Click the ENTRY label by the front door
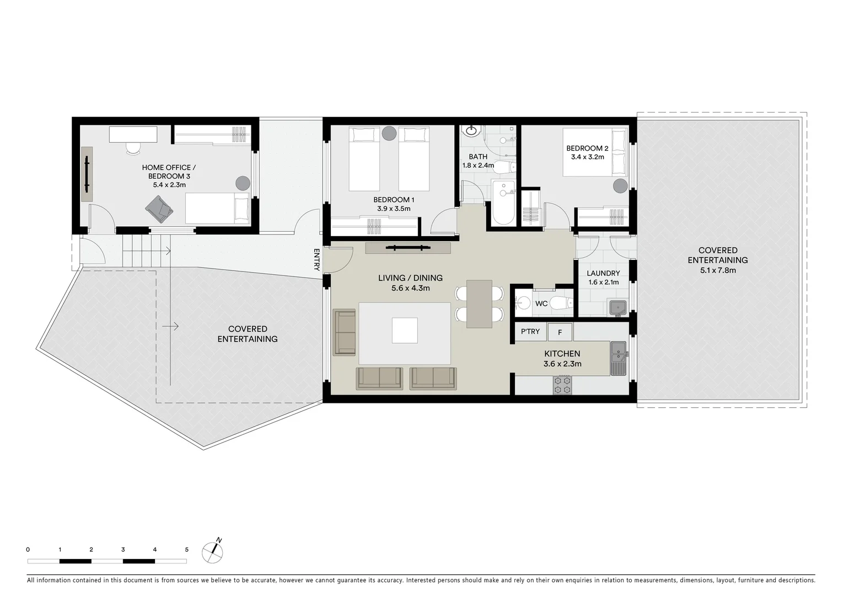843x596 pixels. click(x=316, y=259)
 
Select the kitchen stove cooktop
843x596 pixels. click(x=562, y=385)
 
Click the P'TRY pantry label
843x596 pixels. click(x=530, y=332)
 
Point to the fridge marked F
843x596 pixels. click(x=560, y=332)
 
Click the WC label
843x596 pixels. click(x=541, y=304)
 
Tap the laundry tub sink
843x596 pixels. click(x=618, y=307)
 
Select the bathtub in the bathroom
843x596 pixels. click(x=503, y=203)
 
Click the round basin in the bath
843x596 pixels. click(x=472, y=131)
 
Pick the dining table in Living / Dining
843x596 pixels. click(x=479, y=304)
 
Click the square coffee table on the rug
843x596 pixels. click(x=405, y=331)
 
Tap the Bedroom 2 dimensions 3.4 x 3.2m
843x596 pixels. click(x=587, y=157)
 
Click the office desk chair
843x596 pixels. click(x=133, y=147)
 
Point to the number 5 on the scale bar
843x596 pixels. click(x=186, y=550)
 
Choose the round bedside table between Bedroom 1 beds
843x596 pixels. click(x=389, y=133)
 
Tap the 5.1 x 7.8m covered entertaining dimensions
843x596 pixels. click(x=717, y=270)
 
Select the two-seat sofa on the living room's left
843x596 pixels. click(x=345, y=332)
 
